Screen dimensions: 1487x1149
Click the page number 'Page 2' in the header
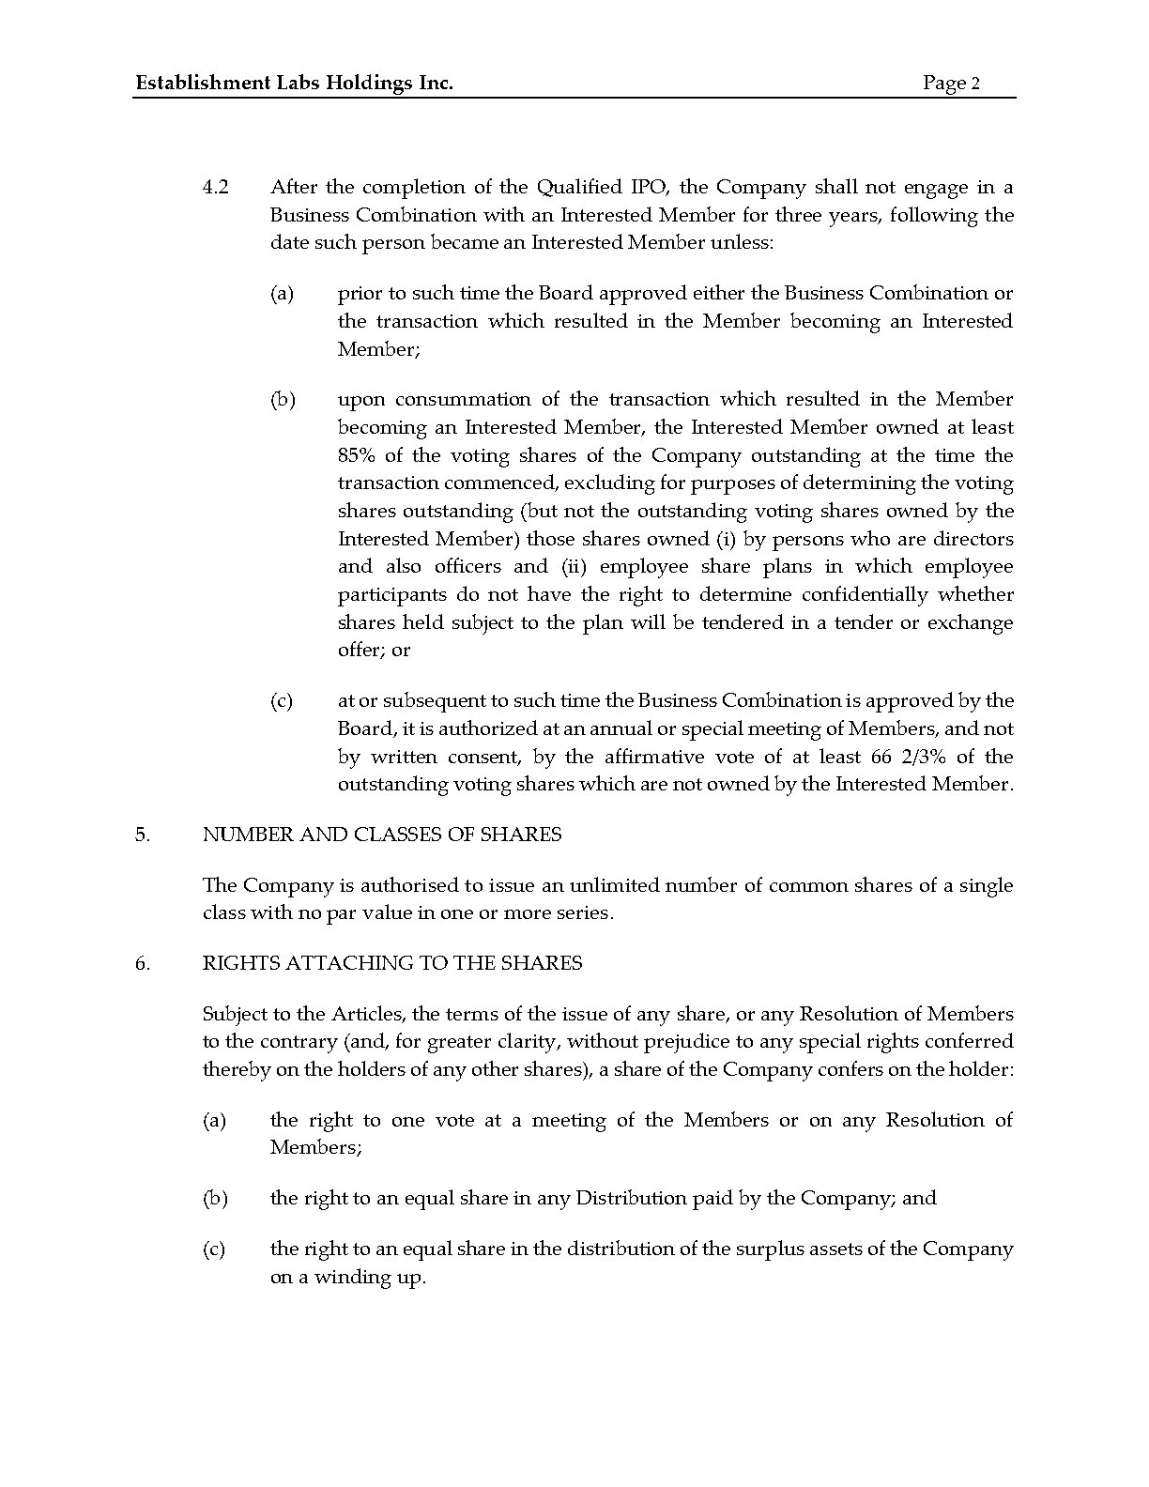click(951, 84)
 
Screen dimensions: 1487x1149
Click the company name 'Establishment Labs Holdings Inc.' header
click(294, 84)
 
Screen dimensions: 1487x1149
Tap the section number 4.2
click(216, 187)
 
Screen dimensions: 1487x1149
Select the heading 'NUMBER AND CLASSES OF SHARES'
click(382, 835)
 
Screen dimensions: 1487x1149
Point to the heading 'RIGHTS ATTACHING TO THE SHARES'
click(392, 963)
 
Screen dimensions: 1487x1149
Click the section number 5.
click(142, 835)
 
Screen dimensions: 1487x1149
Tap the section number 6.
click(142, 963)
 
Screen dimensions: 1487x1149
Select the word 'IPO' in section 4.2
click(638, 187)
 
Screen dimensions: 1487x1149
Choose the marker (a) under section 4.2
click(282, 294)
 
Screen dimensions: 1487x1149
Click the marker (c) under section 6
click(214, 1249)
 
